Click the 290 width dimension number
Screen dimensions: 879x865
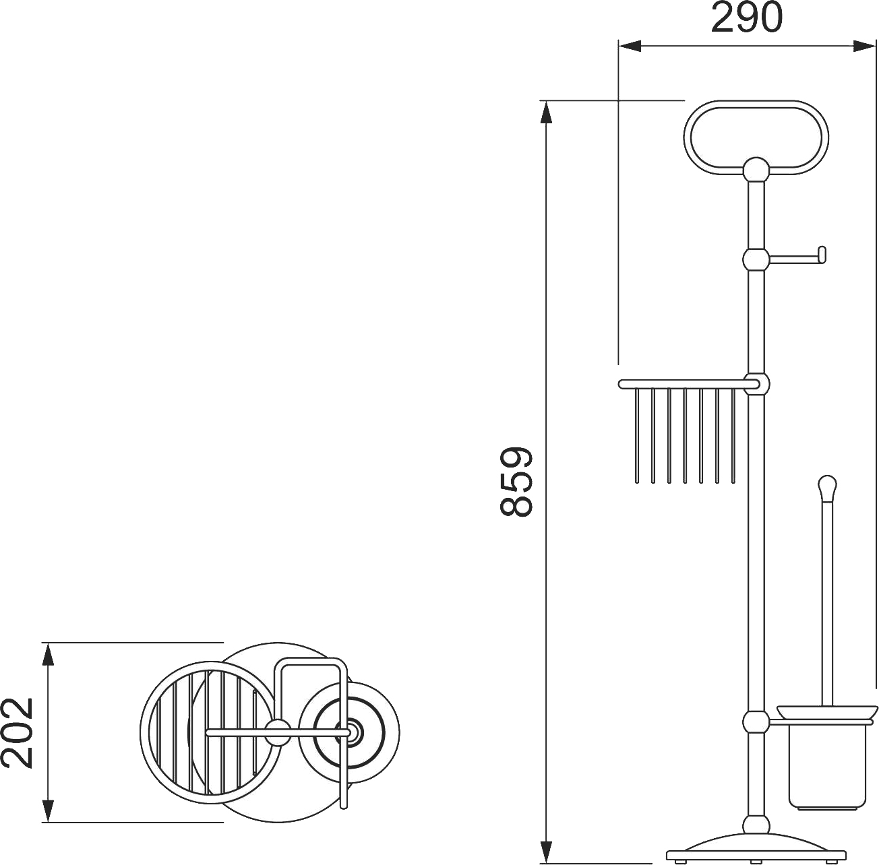point(747,18)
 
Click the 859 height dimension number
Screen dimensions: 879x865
point(516,481)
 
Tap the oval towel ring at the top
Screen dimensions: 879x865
point(756,105)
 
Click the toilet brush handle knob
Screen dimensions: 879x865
point(828,487)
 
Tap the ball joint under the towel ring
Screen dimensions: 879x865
point(756,170)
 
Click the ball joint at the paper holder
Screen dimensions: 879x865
point(756,259)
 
